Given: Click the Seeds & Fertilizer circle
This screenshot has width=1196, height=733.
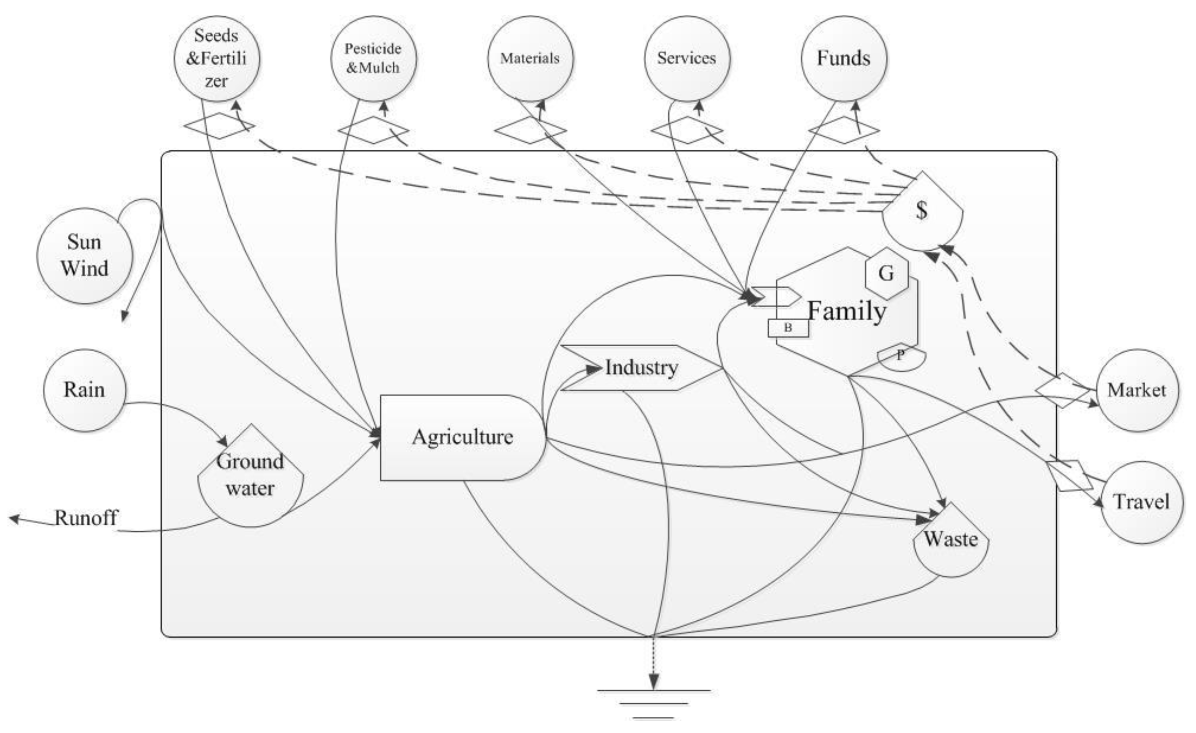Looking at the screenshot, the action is coord(217,58).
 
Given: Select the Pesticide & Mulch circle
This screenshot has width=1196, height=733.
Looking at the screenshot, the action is coord(373,58).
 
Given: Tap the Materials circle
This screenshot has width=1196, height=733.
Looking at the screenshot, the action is coord(530,58).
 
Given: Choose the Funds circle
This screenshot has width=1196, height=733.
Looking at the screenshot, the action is coord(844,58).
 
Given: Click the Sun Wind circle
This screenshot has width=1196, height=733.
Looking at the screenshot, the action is coord(84,256).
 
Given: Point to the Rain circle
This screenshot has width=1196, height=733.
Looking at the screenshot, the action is coord(84,390).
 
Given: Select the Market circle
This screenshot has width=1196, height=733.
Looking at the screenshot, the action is coord(1137,390).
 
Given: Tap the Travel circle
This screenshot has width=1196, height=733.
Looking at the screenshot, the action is coord(1141,502).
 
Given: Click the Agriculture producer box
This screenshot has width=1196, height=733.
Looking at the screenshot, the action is coord(463,438).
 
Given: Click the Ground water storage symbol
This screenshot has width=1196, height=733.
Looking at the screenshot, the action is coord(250,476).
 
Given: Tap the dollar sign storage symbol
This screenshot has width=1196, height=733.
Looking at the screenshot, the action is coord(922,211).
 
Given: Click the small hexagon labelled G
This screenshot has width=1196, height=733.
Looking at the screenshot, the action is coord(886,274).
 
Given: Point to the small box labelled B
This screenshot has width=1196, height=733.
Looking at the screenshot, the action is coord(788,328).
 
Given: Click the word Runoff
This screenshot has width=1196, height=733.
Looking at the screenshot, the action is coord(86,518).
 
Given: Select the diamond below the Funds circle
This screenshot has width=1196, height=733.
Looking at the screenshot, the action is coord(844,130).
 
